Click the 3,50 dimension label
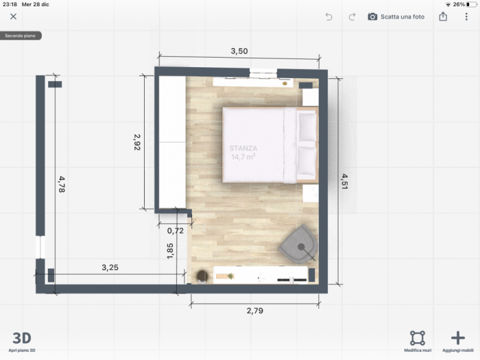click(x=239, y=51)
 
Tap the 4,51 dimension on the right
click(x=345, y=182)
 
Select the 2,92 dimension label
click(x=136, y=141)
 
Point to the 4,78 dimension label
click(x=62, y=184)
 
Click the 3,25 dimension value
click(x=110, y=267)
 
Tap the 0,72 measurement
click(x=176, y=230)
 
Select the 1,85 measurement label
click(x=170, y=252)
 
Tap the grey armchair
click(x=299, y=245)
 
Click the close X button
click(x=13, y=16)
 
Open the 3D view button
click(x=22, y=338)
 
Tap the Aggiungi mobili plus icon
click(x=457, y=337)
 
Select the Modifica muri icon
click(x=417, y=337)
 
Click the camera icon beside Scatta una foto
click(x=372, y=16)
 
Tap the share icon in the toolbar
click(x=443, y=16)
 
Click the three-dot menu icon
click(x=466, y=16)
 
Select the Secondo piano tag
click(x=21, y=35)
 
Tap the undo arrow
click(x=328, y=16)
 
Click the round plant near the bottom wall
click(x=202, y=276)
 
